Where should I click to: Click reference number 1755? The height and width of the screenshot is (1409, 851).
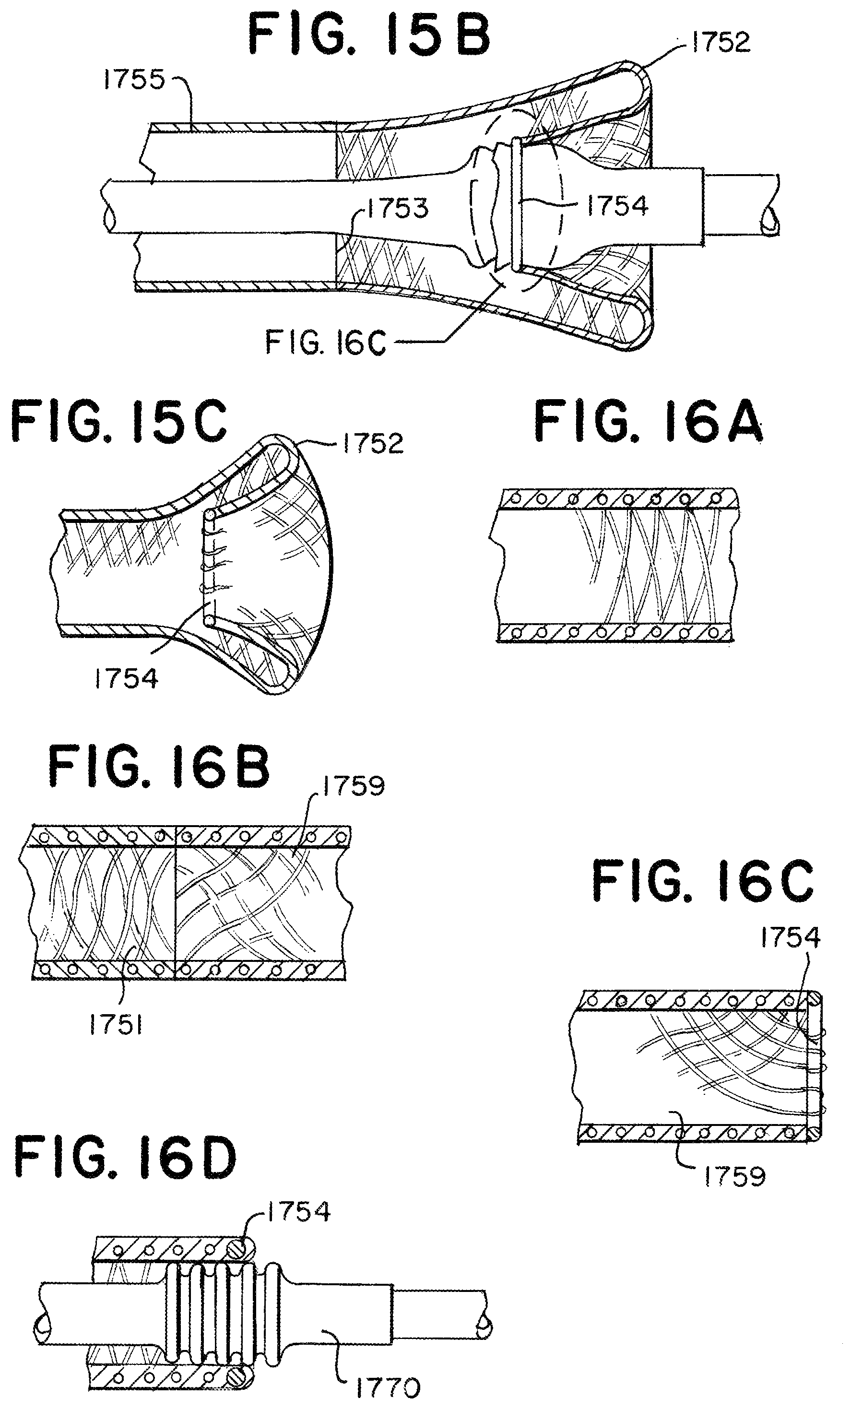point(134,80)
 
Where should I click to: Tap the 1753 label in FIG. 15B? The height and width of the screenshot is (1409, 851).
point(398,208)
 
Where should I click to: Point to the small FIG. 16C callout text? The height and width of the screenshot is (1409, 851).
point(325,343)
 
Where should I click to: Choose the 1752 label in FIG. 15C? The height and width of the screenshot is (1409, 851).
point(373,444)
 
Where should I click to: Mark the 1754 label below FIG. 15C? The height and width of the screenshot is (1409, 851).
point(126,679)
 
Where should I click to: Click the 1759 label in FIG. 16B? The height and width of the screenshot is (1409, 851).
point(354,786)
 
